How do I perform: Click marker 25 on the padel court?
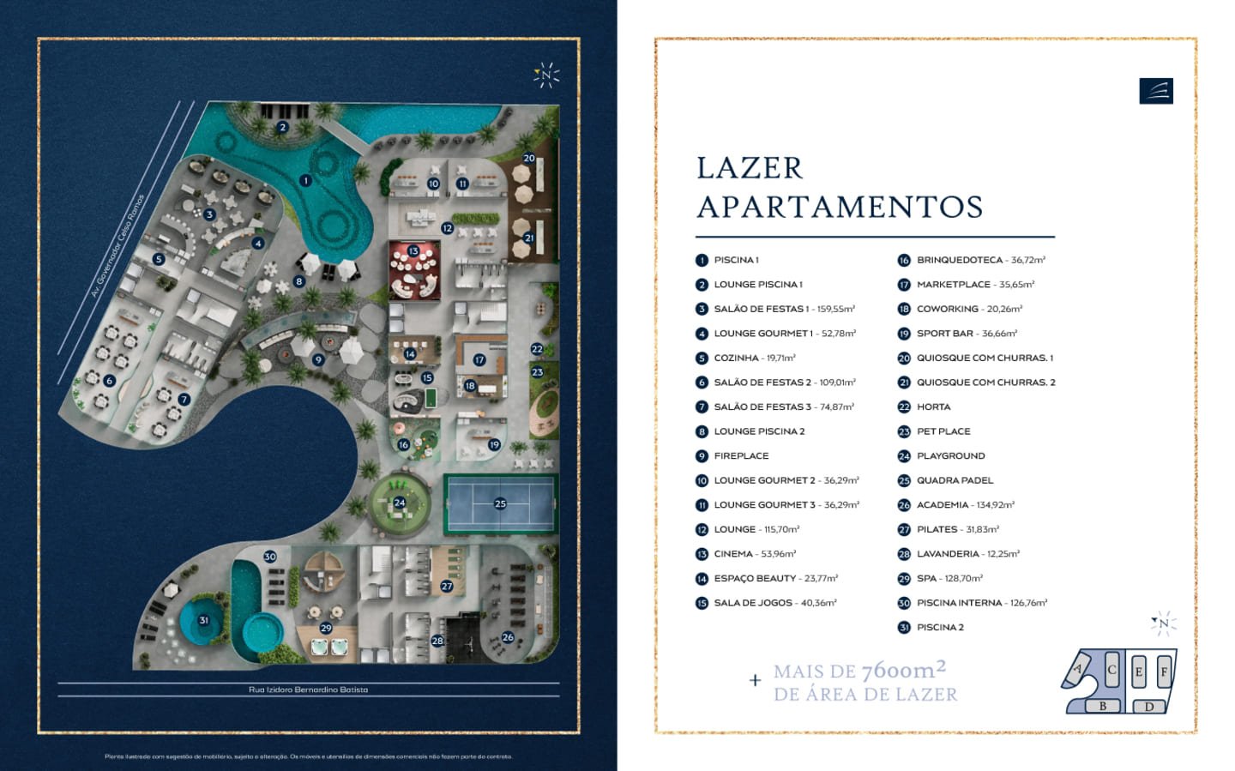pyautogui.click(x=500, y=503)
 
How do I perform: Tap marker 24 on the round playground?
pyautogui.click(x=399, y=503)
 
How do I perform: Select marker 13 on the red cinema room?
pyautogui.click(x=413, y=251)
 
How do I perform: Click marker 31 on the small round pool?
pyautogui.click(x=203, y=620)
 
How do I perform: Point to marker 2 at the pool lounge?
pyautogui.click(x=282, y=128)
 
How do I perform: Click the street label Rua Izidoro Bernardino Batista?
pyautogui.click(x=308, y=690)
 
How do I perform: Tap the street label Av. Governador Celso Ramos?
pyautogui.click(x=118, y=246)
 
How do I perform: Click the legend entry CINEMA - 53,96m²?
pyautogui.click(x=755, y=554)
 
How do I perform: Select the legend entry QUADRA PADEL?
pyautogui.click(x=955, y=480)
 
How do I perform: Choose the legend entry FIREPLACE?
pyautogui.click(x=741, y=456)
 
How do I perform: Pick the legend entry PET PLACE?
pyautogui.click(x=943, y=431)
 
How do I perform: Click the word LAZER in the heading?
pyautogui.click(x=750, y=168)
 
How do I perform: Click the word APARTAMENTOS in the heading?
pyautogui.click(x=840, y=208)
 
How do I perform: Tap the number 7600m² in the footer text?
pyautogui.click(x=903, y=670)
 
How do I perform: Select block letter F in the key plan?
pyautogui.click(x=1164, y=672)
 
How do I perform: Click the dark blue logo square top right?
pyautogui.click(x=1155, y=91)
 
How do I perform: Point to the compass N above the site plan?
pyautogui.click(x=546, y=75)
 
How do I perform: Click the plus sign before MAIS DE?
pyautogui.click(x=755, y=681)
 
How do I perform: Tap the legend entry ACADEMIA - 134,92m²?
pyautogui.click(x=965, y=505)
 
